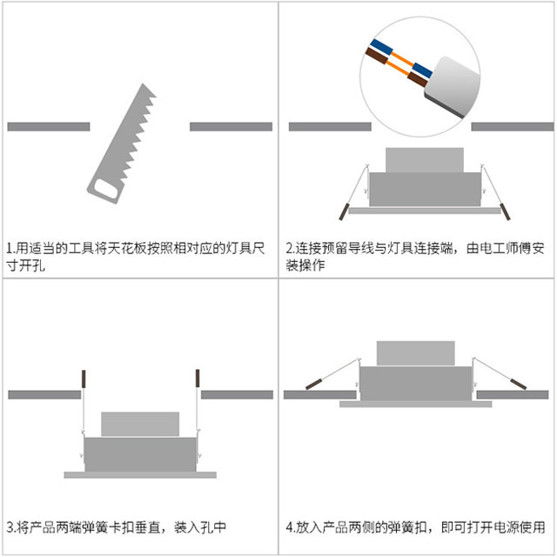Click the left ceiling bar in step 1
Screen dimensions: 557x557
coord(48,126)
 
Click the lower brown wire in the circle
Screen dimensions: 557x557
coord(376,59)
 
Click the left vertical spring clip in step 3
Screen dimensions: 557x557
coord(84,379)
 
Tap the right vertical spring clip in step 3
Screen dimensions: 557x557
coord(198,379)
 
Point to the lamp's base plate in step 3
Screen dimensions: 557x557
coord(139,474)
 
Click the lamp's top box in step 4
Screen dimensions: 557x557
coord(413,353)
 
